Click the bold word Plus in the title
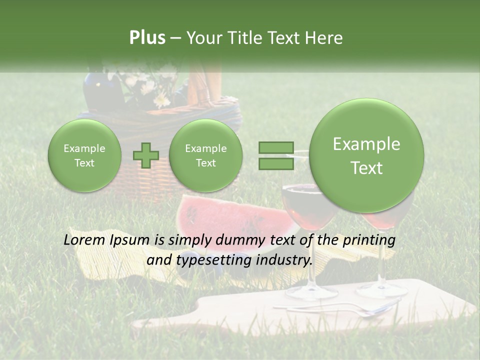[x=147, y=38]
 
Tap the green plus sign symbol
[x=145, y=155]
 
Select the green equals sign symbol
[x=275, y=155]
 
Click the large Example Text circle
[x=366, y=155]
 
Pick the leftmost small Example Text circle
[x=84, y=155]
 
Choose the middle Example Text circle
[x=205, y=155]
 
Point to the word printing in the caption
[x=368, y=240]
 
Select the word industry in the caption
[x=283, y=260]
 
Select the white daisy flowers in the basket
[x=150, y=87]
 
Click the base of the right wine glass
[x=382, y=290]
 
